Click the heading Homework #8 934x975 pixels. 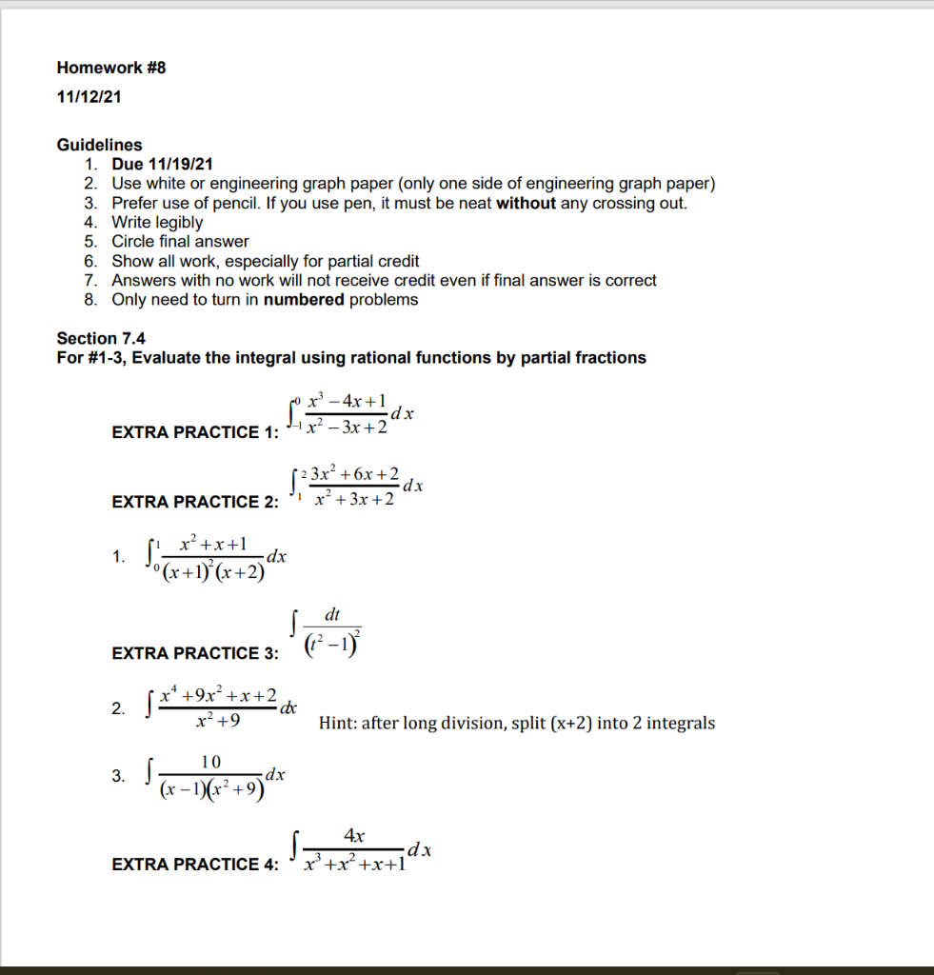111,68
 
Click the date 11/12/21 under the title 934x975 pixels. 89,97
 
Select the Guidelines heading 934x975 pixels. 99,145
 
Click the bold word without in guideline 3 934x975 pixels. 526,203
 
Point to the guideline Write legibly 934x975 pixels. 157,223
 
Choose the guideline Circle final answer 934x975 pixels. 180,242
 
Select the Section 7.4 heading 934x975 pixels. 101,338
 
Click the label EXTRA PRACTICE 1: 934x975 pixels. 195,432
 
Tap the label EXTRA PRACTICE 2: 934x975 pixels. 195,502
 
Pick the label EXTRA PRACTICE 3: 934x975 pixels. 195,653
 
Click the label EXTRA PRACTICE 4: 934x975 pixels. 195,865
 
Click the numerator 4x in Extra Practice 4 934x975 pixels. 354,836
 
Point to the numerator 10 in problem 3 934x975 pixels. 211,761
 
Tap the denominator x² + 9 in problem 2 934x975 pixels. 218,722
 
